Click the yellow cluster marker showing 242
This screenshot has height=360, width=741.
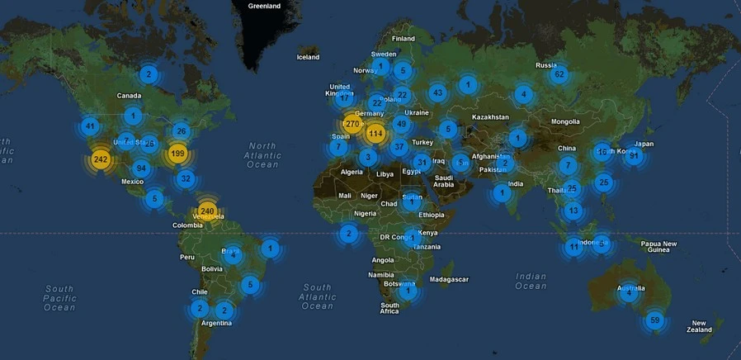[101, 159]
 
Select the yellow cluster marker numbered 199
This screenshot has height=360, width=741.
[177, 153]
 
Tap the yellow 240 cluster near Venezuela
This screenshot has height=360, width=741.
[207, 211]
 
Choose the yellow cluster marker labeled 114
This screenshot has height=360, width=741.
[376, 133]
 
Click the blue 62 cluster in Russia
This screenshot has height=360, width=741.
[559, 74]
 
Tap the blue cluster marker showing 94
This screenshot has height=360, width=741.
[141, 168]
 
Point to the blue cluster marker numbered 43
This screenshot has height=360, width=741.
[437, 92]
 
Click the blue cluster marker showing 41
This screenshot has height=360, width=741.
[90, 126]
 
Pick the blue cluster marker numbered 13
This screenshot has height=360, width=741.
[573, 211]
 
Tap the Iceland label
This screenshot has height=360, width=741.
[308, 57]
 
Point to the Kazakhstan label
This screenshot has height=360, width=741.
[490, 117]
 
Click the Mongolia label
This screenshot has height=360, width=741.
[565, 121]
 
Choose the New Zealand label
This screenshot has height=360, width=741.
[699, 326]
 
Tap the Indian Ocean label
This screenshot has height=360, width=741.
[531, 281]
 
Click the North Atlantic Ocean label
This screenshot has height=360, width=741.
[262, 154]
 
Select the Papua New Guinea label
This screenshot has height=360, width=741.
[659, 247]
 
